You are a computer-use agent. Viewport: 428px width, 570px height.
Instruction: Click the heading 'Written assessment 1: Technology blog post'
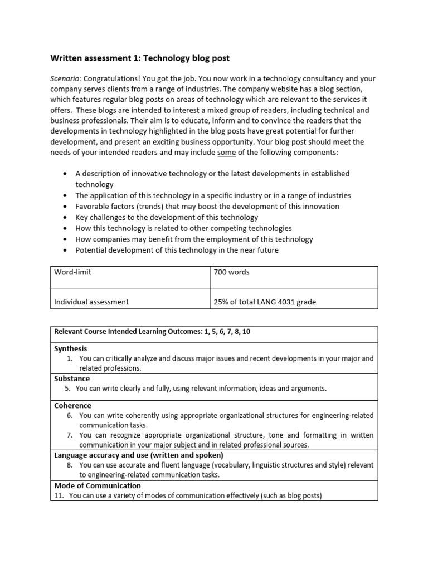[x=140, y=58]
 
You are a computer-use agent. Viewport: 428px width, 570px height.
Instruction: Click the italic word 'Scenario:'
[x=66, y=78]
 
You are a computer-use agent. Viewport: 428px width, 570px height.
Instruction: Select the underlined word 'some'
[x=227, y=153]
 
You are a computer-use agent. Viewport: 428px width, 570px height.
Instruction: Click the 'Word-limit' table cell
[x=73, y=272]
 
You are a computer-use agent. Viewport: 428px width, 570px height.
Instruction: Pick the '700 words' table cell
[x=231, y=272]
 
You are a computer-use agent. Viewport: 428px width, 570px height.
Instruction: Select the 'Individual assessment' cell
[x=91, y=302]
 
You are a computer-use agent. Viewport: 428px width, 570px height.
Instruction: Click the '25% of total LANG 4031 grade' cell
[x=265, y=302]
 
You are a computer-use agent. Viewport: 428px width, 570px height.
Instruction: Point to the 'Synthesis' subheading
[x=71, y=348]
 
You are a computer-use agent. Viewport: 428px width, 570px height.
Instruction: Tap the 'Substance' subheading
[x=72, y=379]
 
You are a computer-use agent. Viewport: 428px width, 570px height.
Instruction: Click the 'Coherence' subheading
[x=72, y=406]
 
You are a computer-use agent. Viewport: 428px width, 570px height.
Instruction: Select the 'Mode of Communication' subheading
[x=98, y=485]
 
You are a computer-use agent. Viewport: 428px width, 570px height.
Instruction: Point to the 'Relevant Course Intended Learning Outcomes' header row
[x=152, y=332]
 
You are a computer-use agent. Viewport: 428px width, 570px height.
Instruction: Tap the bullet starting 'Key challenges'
[x=167, y=218]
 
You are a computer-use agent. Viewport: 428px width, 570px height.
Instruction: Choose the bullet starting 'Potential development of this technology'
[x=177, y=250]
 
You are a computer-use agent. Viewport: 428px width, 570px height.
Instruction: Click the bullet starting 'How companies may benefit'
[x=194, y=239]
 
